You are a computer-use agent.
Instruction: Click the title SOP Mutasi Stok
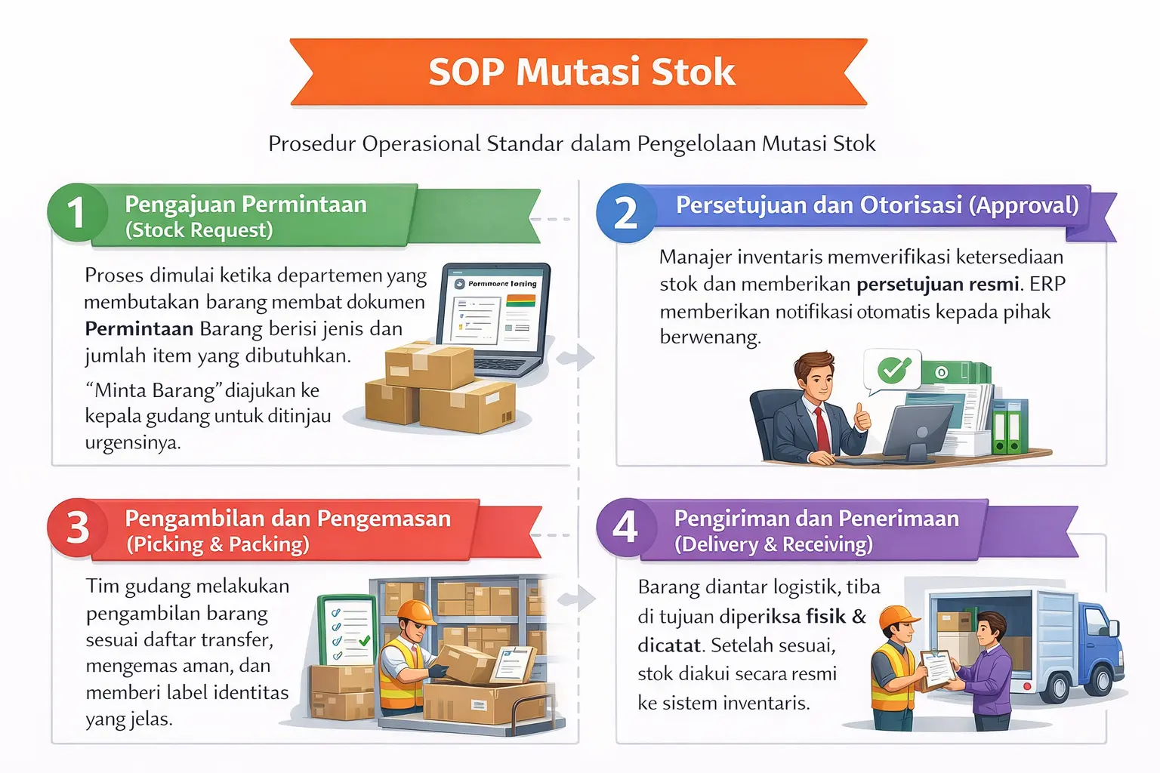tap(581, 72)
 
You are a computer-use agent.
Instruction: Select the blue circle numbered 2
tap(625, 213)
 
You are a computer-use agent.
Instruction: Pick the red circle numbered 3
tap(78, 528)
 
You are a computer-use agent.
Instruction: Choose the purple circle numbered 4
tap(625, 527)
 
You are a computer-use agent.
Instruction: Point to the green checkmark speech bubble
tap(893, 369)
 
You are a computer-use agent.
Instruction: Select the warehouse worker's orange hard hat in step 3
tap(415, 612)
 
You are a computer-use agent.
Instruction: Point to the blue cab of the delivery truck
tap(1102, 642)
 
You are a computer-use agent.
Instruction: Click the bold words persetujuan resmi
tap(937, 285)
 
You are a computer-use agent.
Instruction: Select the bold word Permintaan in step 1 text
tap(139, 329)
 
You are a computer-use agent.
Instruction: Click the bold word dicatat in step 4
tap(668, 645)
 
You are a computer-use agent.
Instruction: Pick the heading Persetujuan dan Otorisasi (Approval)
tap(876, 205)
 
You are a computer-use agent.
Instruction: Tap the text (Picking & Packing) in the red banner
tap(217, 544)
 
